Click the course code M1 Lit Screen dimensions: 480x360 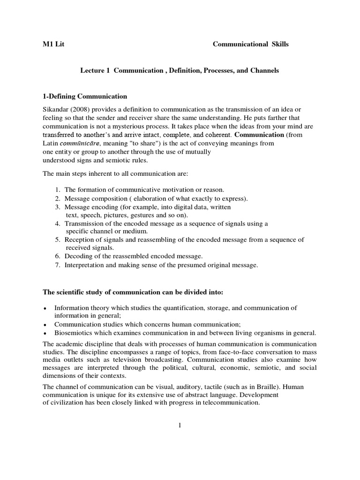coord(53,45)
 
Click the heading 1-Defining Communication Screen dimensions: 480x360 coord(85,97)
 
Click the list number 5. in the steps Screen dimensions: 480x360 coord(58,240)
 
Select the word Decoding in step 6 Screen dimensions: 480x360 coord(79,256)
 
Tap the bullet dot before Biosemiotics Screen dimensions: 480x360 coord(44,333)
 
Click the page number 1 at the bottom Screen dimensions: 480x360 coord(180,425)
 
